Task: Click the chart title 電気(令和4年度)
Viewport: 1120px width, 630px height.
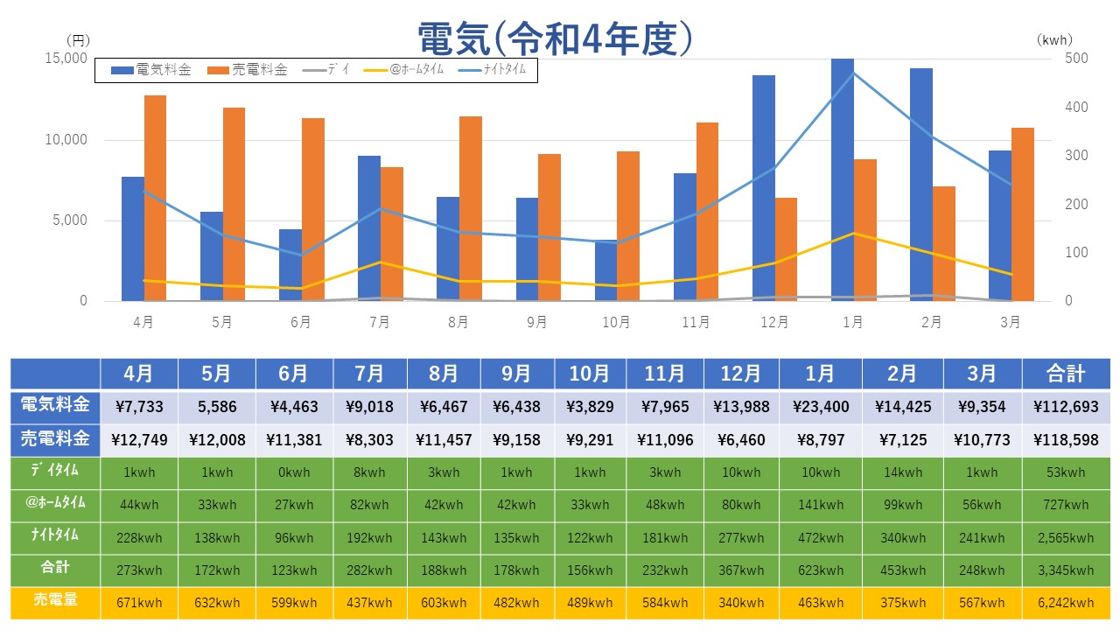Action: [556, 38]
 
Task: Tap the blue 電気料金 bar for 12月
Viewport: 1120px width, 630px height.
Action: [764, 188]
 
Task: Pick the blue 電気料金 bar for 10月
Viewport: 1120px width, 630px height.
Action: [605, 270]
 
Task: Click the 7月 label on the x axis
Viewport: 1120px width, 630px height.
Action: [380, 322]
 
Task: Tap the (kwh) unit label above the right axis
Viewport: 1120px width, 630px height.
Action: [1053, 40]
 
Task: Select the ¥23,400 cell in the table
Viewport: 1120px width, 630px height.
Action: [820, 407]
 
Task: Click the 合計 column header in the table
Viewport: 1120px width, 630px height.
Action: [1066, 374]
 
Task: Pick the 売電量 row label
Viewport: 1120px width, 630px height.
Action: [55, 601]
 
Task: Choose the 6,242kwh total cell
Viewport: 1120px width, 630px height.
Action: [1066, 602]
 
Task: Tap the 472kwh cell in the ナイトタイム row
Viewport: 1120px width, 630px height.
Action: [820, 538]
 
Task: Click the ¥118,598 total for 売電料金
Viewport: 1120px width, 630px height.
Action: [1066, 440]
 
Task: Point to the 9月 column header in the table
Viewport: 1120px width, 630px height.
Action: [516, 374]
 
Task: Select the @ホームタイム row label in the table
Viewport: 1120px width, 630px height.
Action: [55, 504]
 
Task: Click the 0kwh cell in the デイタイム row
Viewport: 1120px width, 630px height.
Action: [294, 472]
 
